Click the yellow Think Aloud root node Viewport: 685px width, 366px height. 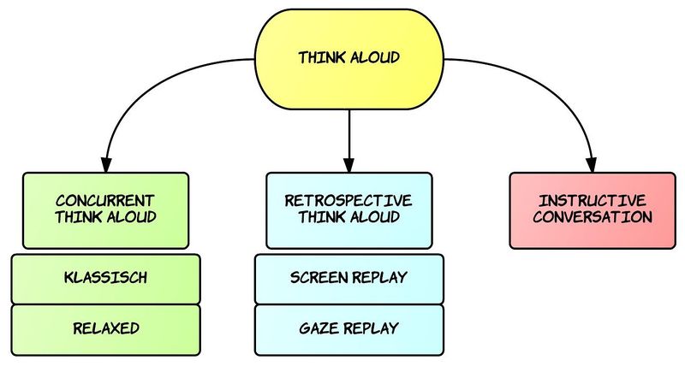349,59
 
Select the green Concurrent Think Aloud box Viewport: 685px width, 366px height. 105,210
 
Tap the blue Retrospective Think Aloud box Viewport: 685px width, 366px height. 349,210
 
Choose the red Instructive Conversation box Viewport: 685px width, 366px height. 593,210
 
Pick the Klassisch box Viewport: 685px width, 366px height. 105,279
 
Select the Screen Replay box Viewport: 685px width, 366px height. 349,279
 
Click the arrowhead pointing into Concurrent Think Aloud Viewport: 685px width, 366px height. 105,165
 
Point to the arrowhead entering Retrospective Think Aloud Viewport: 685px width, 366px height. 348,165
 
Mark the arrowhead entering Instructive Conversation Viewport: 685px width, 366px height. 592,165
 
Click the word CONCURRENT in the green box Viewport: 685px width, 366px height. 104,201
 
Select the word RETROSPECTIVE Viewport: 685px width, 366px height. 348,201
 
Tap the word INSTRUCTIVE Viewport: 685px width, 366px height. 593,201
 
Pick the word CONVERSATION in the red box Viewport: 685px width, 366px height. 593,217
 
